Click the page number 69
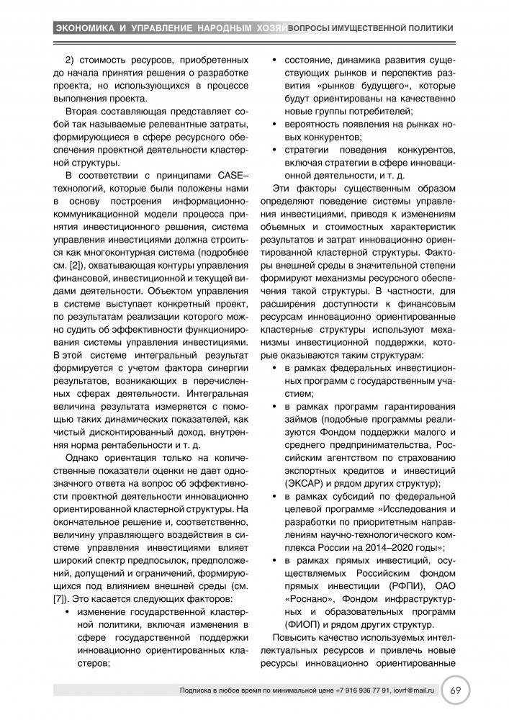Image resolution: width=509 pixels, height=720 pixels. tap(456, 690)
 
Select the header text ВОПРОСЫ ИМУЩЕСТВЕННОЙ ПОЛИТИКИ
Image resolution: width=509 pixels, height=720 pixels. tap(371, 28)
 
